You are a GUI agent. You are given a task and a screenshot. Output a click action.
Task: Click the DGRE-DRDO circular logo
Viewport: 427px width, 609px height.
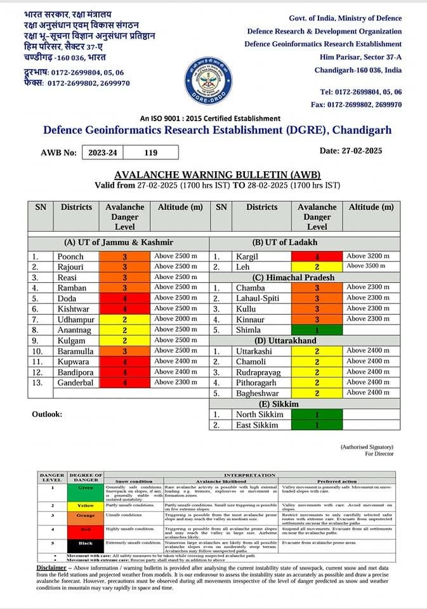coord(207,81)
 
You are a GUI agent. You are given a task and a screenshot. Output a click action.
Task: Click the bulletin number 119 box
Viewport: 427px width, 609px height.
coord(150,153)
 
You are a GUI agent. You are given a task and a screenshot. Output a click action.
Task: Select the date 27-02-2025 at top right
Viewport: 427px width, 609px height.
coord(360,150)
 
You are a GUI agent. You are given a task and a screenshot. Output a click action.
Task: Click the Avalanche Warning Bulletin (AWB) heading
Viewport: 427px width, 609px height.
coord(218,174)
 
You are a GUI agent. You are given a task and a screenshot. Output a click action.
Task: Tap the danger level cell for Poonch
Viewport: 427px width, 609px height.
coord(124,257)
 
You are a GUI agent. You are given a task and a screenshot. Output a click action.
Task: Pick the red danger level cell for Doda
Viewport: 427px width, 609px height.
coord(124,298)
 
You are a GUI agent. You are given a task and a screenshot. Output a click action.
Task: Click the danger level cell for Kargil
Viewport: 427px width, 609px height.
coord(317,257)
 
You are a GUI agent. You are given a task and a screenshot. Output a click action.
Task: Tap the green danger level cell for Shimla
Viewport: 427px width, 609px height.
coord(317,330)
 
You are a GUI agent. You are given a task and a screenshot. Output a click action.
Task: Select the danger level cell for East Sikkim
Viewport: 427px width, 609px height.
coord(317,425)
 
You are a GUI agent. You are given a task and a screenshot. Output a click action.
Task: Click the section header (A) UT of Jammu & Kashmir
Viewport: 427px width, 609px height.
coord(119,242)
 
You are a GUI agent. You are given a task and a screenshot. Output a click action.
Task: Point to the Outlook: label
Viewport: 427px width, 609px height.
coord(48,414)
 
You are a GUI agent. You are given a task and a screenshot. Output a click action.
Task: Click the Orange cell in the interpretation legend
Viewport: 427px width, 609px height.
coord(85,515)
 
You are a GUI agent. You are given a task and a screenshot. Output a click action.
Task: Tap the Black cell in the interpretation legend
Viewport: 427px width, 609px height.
coord(85,543)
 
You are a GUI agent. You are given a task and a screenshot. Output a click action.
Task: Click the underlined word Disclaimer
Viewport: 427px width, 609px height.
coord(51,568)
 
